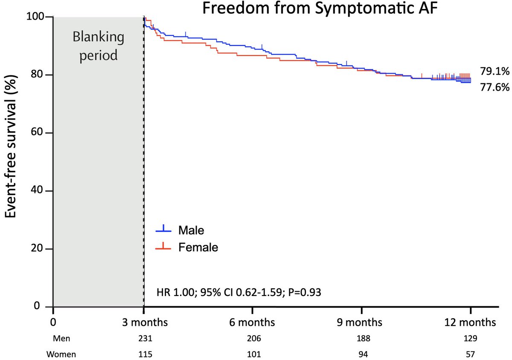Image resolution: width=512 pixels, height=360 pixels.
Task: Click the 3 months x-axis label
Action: coord(144,322)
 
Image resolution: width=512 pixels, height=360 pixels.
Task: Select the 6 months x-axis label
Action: coord(252,322)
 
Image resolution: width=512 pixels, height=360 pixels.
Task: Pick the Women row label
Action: coord(61,353)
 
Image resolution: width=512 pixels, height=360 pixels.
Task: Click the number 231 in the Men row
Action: coord(144,338)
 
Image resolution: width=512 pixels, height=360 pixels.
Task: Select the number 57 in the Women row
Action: coord(470,353)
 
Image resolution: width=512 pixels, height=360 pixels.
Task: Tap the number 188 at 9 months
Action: coord(361,338)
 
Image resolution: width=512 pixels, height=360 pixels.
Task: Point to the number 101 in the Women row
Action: coord(252,353)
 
